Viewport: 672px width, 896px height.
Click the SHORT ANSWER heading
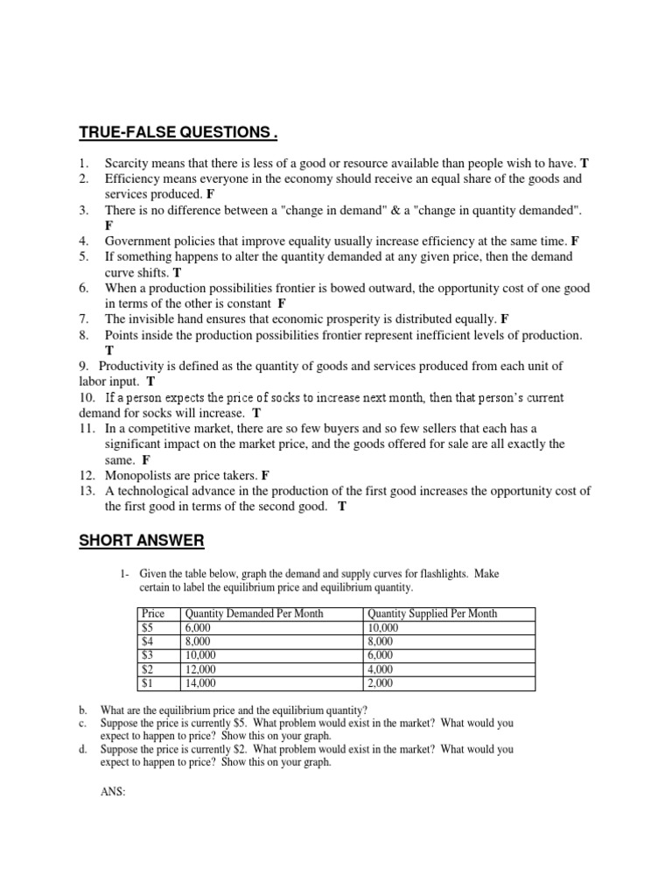click(141, 542)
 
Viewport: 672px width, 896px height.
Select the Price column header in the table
click(153, 614)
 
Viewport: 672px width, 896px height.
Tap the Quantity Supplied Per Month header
click(432, 614)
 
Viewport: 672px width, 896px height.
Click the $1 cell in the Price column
click(148, 683)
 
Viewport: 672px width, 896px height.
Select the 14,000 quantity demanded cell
click(200, 683)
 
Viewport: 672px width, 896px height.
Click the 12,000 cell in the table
click(200, 669)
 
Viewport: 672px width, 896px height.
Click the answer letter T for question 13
click(342, 507)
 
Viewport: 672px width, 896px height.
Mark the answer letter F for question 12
click(265, 475)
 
